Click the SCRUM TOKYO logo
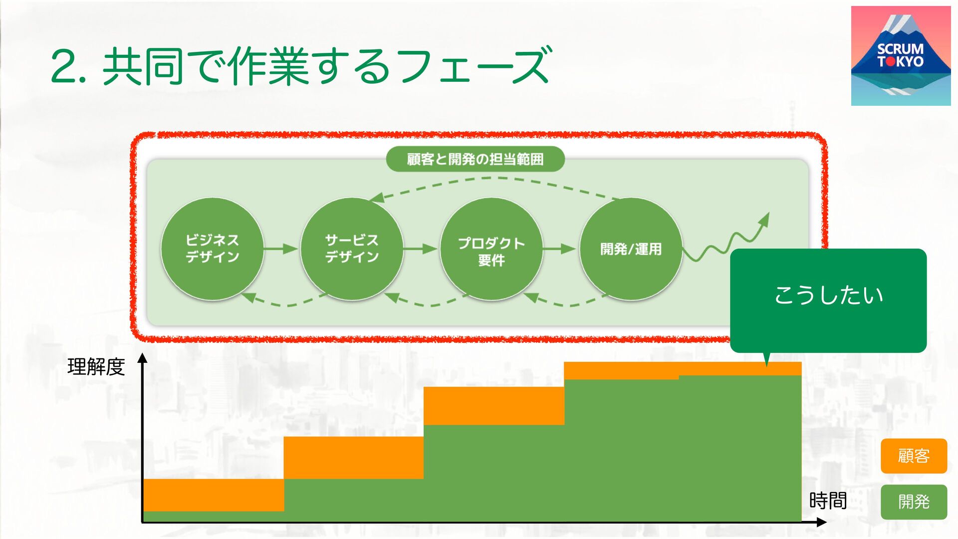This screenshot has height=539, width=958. point(901,56)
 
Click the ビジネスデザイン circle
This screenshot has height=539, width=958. point(212,249)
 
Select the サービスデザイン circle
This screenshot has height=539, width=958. point(352,249)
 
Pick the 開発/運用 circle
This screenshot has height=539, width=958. point(631,249)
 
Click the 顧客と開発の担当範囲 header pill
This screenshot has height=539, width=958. point(475,159)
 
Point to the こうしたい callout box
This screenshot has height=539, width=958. point(828,299)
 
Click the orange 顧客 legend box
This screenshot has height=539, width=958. point(914,456)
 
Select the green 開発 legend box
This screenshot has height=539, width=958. point(914,502)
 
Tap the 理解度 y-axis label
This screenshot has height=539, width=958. point(96,367)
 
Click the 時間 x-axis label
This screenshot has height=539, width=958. point(828,501)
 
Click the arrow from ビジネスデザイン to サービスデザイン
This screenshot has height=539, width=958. point(281,249)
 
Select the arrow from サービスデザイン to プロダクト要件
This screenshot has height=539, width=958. point(421,249)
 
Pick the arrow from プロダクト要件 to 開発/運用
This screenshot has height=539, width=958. point(560,249)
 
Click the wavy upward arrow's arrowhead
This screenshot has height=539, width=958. point(764,219)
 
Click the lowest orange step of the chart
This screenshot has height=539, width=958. point(214,495)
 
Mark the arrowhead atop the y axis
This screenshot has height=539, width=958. point(143,358)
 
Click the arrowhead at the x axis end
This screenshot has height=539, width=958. point(822,523)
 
